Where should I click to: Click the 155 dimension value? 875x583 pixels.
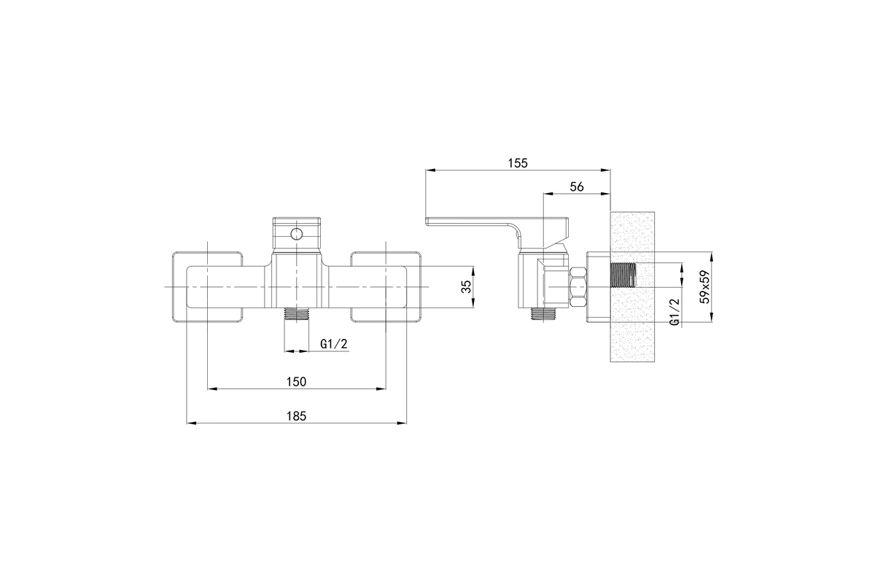click(x=517, y=163)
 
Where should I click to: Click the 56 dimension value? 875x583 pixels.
click(x=577, y=187)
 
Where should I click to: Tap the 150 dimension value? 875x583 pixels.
click(x=296, y=381)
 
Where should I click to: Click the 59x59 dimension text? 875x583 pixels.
click(x=704, y=289)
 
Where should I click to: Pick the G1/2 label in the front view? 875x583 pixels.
click(x=332, y=344)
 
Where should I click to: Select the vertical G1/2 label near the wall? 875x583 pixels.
click(x=674, y=311)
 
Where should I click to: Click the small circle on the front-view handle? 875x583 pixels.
click(x=296, y=234)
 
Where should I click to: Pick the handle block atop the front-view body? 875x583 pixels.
click(x=296, y=235)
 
